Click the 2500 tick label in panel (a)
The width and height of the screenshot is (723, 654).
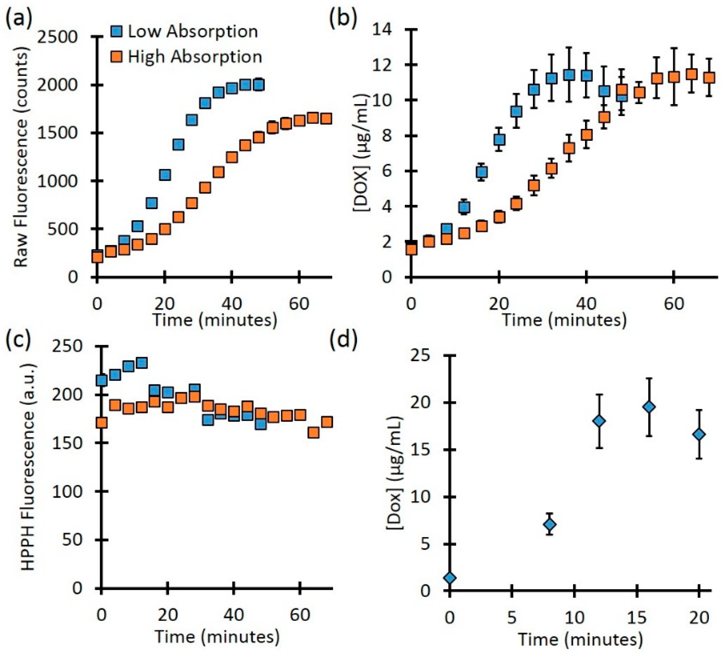point(57,37)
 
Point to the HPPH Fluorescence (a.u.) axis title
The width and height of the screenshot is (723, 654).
point(28,466)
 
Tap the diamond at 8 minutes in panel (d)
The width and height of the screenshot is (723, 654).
point(550,525)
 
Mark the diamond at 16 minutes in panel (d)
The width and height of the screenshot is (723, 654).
point(650,407)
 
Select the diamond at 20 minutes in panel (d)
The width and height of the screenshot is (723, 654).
point(699,434)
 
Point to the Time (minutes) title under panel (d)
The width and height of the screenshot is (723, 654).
point(580,639)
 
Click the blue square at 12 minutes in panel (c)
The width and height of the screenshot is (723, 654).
point(142,362)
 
